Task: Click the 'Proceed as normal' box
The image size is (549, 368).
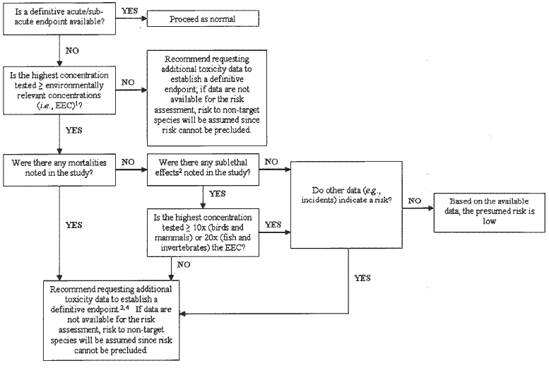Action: [201, 19]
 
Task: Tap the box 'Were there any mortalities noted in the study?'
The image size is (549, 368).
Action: [59, 167]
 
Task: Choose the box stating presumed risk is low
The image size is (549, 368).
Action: [490, 211]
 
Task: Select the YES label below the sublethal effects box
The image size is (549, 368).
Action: [217, 193]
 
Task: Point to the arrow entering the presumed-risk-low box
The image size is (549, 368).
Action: [427, 211]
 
